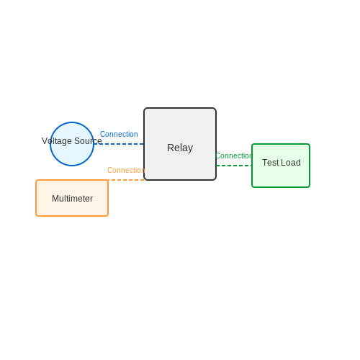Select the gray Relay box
click(x=180, y=144)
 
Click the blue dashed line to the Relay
click(x=119, y=144)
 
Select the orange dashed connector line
click(x=126, y=180)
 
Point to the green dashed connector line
click(x=234, y=166)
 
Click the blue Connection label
click(x=119, y=134)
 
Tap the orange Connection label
click(x=126, y=170)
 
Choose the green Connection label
click(x=233, y=156)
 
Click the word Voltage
click(x=57, y=141)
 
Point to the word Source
click(x=88, y=141)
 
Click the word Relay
click(x=180, y=148)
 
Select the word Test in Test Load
click(x=270, y=163)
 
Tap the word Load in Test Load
click(x=291, y=163)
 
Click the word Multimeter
click(x=72, y=199)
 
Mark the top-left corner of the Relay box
click(x=144, y=108)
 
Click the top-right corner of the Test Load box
click(x=310, y=144)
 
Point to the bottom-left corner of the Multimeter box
click(x=36, y=216)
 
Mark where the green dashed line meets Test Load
click(x=252, y=166)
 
